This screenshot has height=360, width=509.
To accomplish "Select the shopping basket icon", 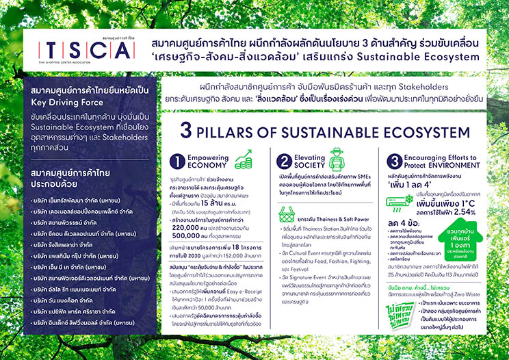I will click(x=286, y=214).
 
